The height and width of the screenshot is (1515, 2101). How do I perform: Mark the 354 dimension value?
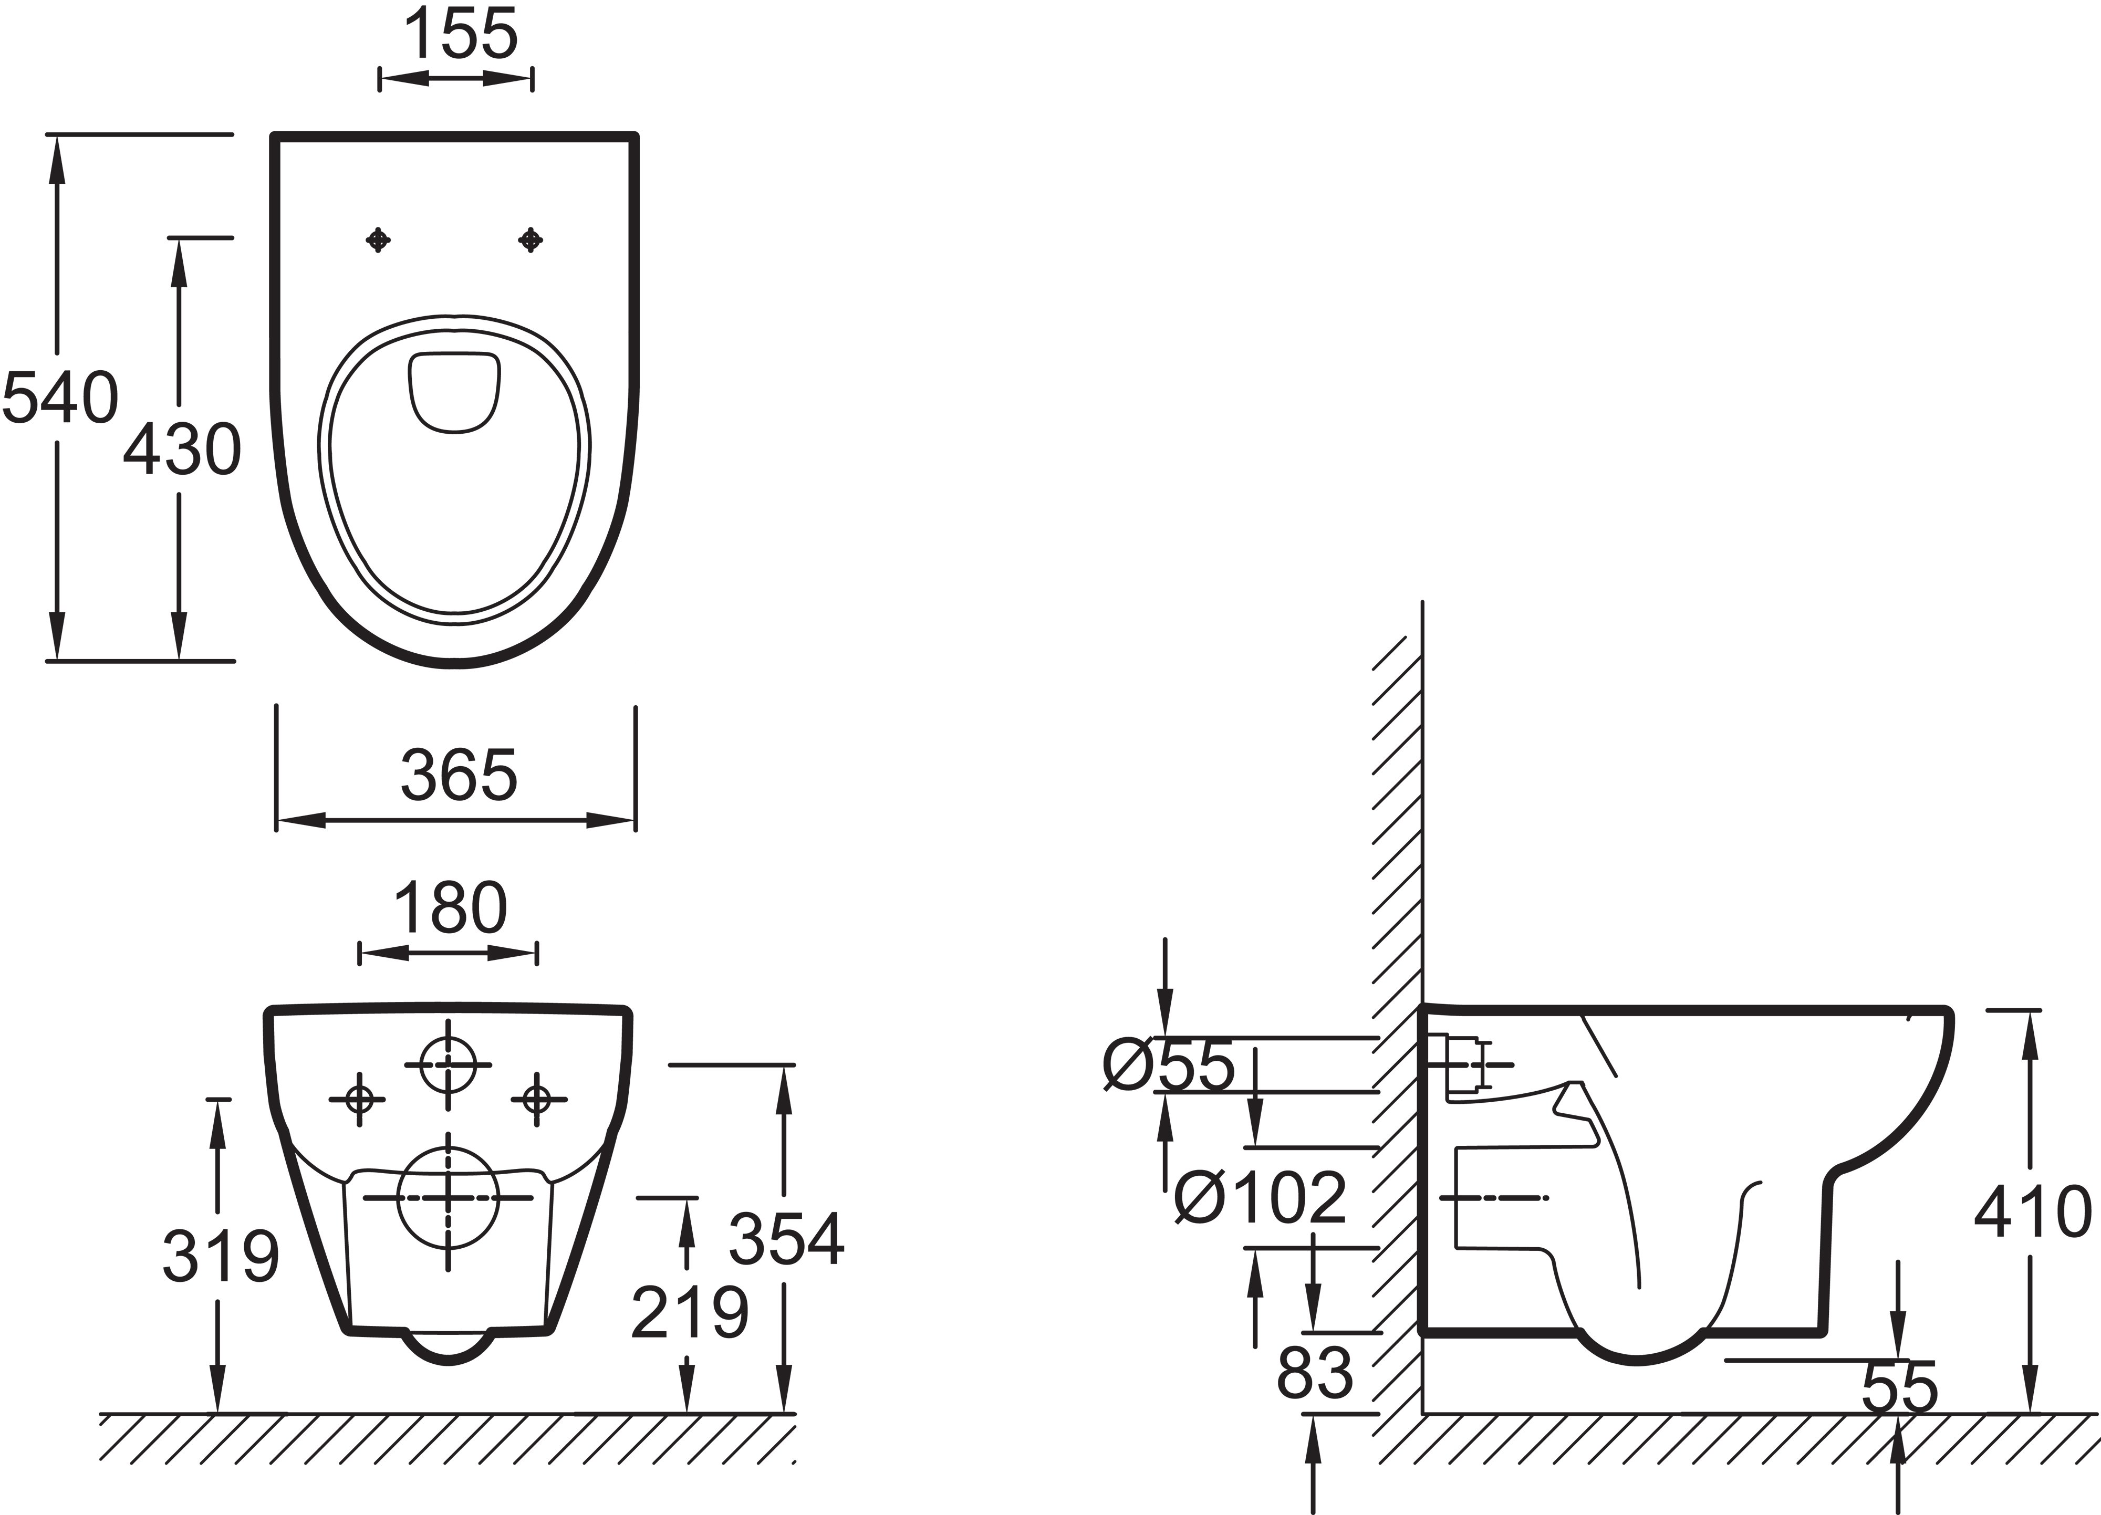coord(786,1238)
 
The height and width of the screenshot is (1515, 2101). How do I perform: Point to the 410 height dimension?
coord(2032,1211)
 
